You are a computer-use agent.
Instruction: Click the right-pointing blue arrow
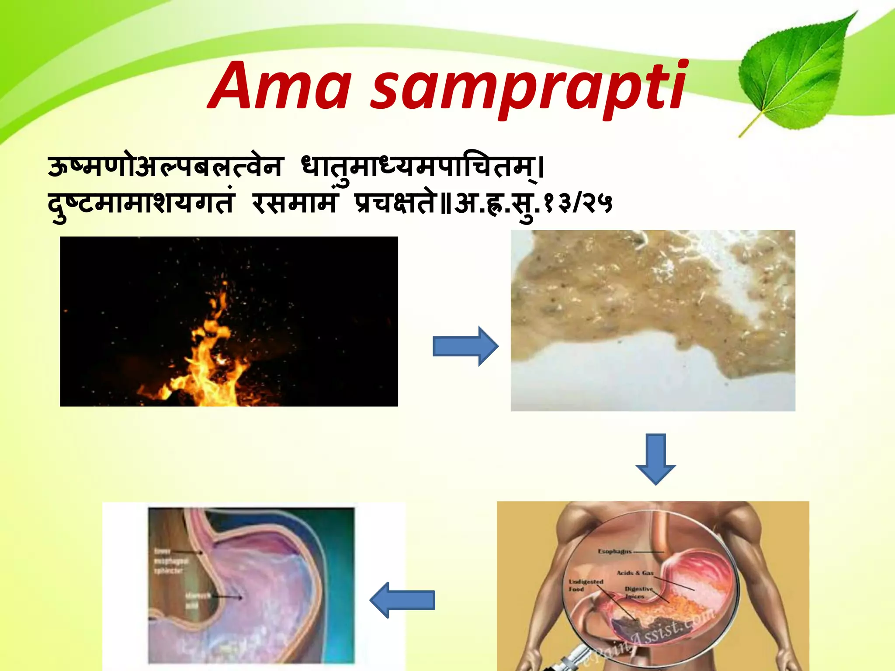pos(465,346)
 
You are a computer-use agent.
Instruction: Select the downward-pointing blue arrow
pos(656,459)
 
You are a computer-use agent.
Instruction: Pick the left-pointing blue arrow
pos(402,600)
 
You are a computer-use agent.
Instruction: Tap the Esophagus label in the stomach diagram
pos(614,551)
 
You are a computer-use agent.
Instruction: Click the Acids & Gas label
pos(635,573)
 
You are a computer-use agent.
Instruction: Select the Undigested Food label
pos(586,585)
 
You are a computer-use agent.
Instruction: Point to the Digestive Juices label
pos(638,592)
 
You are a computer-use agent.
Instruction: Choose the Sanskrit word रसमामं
pos(295,204)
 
